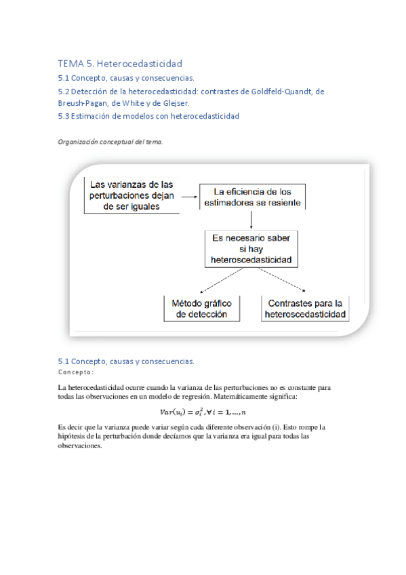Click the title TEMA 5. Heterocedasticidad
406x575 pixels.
pyautogui.click(x=120, y=64)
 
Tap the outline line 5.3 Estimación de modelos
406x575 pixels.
pyautogui.click(x=148, y=116)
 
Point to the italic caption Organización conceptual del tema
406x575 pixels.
pyautogui.click(x=110, y=142)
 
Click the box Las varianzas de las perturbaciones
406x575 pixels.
pyautogui.click(x=131, y=195)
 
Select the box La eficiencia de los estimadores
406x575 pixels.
pyautogui.click(x=252, y=195)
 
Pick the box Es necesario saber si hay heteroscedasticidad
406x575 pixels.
pyautogui.click(x=251, y=248)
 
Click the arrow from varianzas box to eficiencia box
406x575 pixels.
pyautogui.click(x=190, y=193)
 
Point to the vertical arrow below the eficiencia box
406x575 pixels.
pyautogui.click(x=251, y=219)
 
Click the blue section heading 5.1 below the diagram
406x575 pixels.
pyautogui.click(x=126, y=361)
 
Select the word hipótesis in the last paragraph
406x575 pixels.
pyautogui.click(x=74, y=437)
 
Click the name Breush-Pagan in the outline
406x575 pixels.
pyautogui.click(x=85, y=103)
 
